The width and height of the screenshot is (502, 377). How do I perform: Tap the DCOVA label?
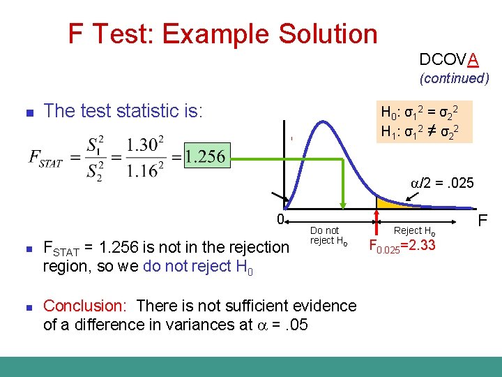(448, 59)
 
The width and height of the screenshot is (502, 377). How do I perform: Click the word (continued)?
(454, 78)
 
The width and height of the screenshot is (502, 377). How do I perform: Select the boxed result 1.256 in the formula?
(206, 156)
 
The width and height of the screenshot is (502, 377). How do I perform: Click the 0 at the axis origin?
(279, 219)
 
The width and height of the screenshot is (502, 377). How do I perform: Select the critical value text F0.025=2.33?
(401, 246)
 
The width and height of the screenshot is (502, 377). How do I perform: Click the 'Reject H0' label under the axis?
(414, 230)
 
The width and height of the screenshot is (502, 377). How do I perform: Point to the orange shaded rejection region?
(387, 204)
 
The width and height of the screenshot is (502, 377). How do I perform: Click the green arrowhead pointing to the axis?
(343, 204)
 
